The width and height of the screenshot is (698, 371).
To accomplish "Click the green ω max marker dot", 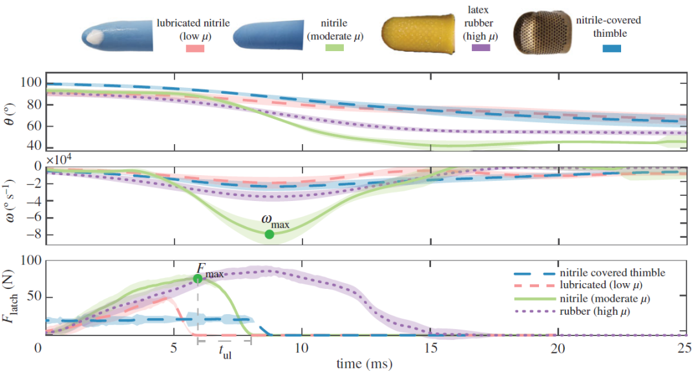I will (270, 234).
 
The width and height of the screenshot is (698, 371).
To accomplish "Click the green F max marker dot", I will (198, 279).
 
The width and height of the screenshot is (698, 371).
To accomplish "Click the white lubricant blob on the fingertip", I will (96, 37).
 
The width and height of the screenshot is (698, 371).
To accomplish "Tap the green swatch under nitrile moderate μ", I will (334, 48).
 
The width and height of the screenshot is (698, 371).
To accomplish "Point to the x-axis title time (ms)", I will (363, 364).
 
